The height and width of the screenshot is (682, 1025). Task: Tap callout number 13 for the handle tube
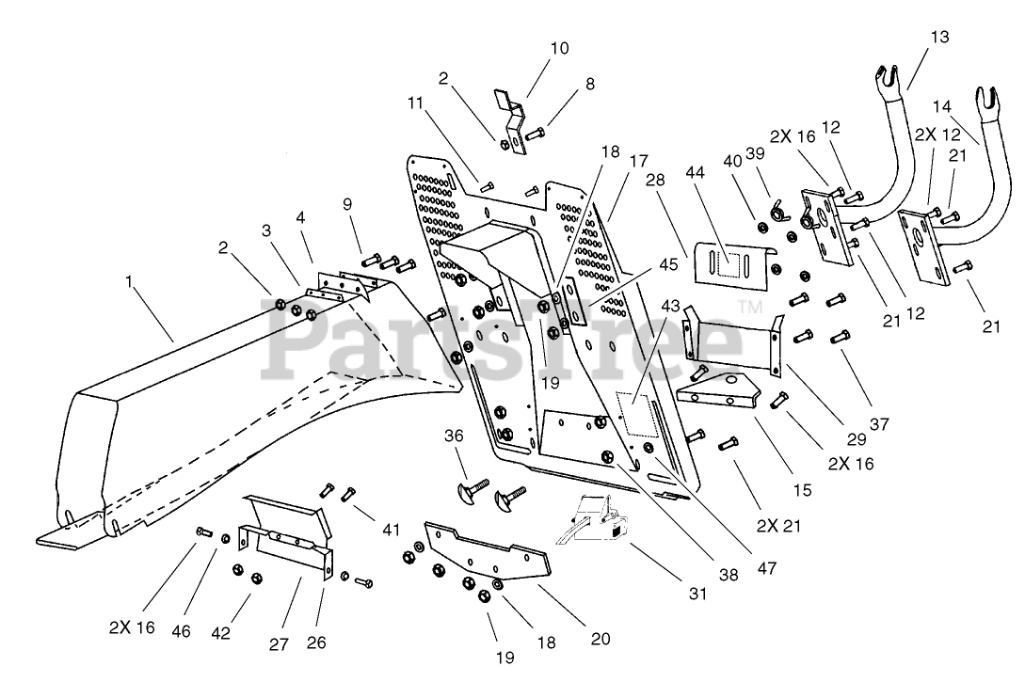click(940, 37)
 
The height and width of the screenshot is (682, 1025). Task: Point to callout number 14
click(944, 106)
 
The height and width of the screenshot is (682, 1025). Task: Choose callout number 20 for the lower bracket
click(600, 639)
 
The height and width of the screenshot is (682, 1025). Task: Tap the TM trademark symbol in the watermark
click(750, 307)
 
